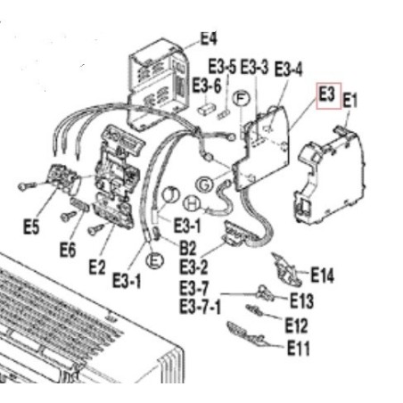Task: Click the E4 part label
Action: point(209,38)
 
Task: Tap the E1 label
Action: point(350,101)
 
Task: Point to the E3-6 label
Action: point(207,86)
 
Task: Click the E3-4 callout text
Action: point(288,70)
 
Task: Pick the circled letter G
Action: point(205,185)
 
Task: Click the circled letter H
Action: point(192,204)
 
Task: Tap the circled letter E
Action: point(155,260)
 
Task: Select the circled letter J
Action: point(171,194)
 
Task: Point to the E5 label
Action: point(31,227)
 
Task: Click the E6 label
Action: point(68,250)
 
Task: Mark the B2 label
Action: point(188,249)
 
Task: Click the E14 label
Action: point(322,276)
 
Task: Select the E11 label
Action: point(299,349)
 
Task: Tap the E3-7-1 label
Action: point(201,308)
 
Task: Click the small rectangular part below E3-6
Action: point(207,108)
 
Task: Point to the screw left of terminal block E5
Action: point(27,186)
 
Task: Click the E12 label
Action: point(296,325)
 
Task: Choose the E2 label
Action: point(97,267)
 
